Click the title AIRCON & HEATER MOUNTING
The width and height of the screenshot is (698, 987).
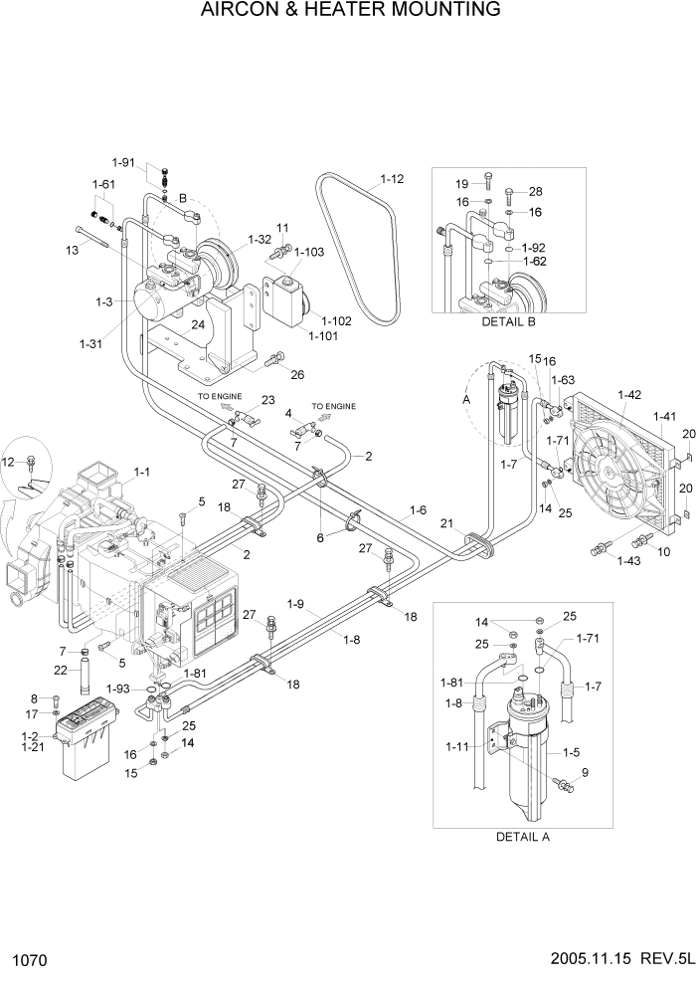click(x=349, y=11)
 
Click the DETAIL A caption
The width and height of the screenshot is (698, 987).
click(x=522, y=837)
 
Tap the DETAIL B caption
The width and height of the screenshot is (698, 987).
click(x=508, y=322)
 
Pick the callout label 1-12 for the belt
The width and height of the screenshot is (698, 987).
click(x=392, y=180)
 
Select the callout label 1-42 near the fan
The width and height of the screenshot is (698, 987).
click(x=631, y=395)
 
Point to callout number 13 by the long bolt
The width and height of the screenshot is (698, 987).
click(x=72, y=251)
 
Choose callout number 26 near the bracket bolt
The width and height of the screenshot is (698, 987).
click(x=296, y=374)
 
